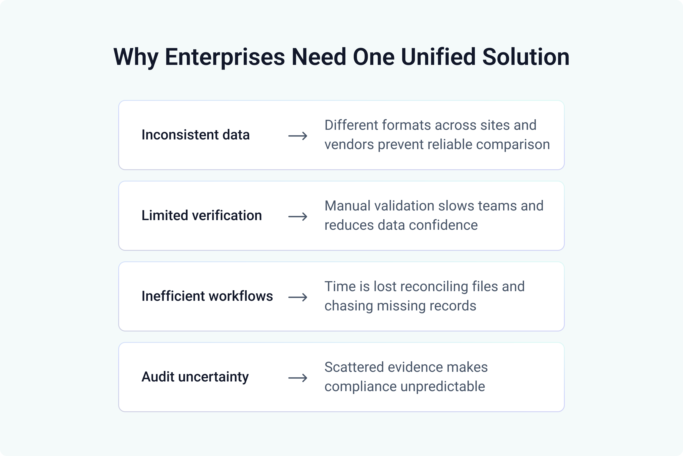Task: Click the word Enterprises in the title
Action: click(225, 57)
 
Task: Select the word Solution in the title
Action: click(526, 57)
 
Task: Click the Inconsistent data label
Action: click(196, 135)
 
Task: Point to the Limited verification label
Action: click(201, 216)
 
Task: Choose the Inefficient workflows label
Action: click(207, 296)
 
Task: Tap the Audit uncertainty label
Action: click(195, 377)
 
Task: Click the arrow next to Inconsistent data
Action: click(298, 136)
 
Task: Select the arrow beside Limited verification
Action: click(298, 217)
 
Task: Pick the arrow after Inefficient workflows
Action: click(298, 297)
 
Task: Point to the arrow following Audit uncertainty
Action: click(298, 378)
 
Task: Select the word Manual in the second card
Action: click(347, 206)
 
